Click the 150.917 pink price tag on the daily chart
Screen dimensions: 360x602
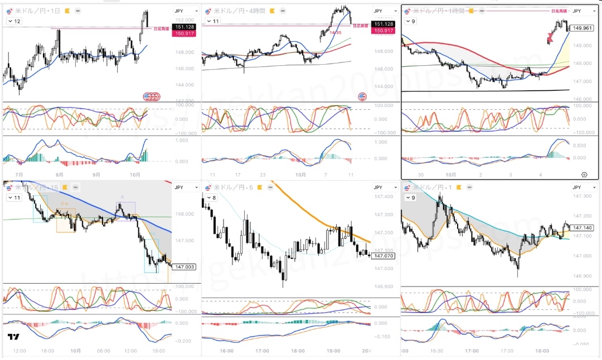tap(183, 34)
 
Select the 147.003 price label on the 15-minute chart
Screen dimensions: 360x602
tap(183, 267)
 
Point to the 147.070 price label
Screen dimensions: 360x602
tap(382, 256)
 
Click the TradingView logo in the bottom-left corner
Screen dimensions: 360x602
tap(14, 337)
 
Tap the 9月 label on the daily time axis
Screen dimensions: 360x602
tap(97, 174)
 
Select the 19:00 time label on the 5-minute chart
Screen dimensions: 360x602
tap(333, 351)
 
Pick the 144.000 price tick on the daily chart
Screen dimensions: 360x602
tap(183, 85)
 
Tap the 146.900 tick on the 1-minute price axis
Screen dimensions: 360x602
tap(582, 276)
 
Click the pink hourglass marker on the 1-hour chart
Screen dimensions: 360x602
tap(550, 37)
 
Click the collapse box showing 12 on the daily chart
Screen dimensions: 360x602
tap(14, 21)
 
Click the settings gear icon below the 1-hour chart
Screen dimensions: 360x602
tap(584, 174)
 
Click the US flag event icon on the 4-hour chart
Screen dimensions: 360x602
tap(362, 96)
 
